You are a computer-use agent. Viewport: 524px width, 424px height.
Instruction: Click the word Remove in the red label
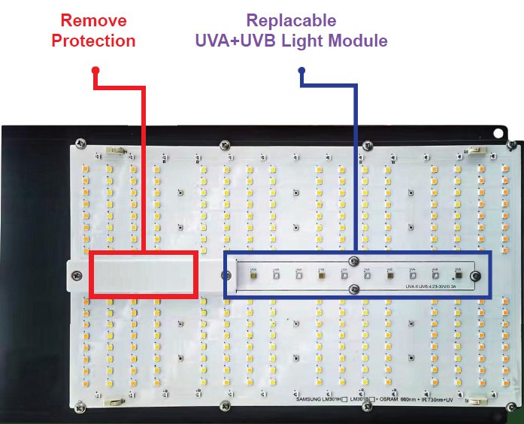[x=93, y=20]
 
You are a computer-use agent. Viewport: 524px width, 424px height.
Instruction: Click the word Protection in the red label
[x=93, y=41]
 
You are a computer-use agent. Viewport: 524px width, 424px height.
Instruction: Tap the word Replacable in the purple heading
[x=291, y=20]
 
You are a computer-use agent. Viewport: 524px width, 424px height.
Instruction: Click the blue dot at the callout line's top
[x=301, y=71]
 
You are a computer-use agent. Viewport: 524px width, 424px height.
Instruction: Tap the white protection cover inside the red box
[x=143, y=275]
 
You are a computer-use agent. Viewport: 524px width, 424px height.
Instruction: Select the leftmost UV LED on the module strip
[x=253, y=275]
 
